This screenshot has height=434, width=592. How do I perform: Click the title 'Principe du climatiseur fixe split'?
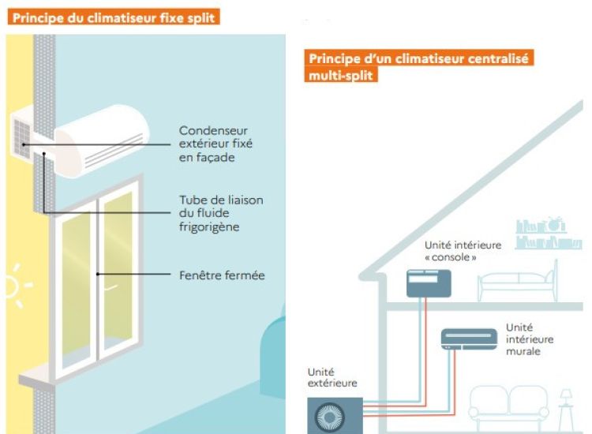(x=113, y=17)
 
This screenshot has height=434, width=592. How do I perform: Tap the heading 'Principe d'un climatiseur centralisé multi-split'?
(x=418, y=65)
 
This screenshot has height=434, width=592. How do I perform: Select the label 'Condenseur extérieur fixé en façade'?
(x=215, y=144)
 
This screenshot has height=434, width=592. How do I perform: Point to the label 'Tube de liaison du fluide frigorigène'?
(x=221, y=213)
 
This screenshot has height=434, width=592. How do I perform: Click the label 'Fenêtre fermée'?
(x=222, y=275)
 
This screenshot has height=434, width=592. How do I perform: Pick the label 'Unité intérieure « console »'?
(x=463, y=251)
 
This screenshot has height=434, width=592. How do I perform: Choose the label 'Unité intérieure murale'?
(x=530, y=339)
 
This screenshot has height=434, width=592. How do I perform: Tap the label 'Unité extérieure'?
(x=332, y=377)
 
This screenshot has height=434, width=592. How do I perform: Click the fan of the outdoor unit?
(x=329, y=417)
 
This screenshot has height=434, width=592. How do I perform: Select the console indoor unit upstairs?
(x=429, y=283)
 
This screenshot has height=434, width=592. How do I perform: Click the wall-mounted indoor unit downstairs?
(x=469, y=339)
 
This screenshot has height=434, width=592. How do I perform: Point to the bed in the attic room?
(x=518, y=281)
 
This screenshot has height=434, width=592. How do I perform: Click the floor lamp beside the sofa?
(x=566, y=410)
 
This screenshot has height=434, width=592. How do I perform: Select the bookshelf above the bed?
(x=549, y=233)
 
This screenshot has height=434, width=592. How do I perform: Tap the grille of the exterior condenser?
(x=21, y=138)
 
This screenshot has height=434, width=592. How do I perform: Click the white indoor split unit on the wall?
(x=102, y=140)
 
